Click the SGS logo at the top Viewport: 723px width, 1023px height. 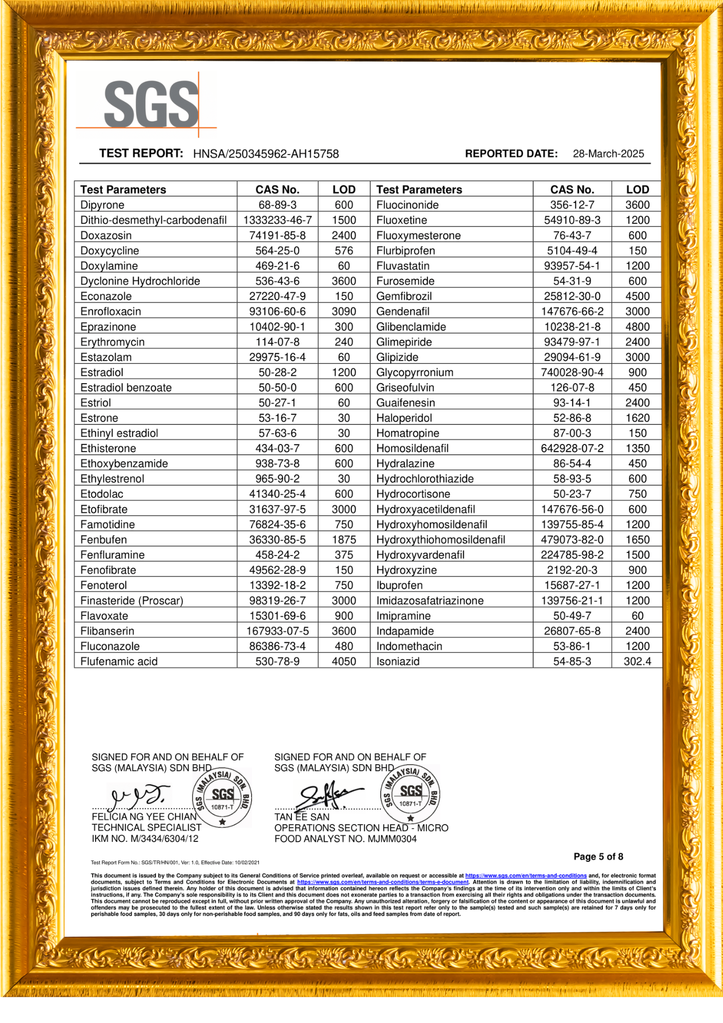(151, 105)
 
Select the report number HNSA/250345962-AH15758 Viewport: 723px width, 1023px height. (266, 154)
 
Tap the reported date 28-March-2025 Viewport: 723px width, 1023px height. (608, 154)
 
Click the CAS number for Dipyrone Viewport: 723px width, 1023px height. (277, 205)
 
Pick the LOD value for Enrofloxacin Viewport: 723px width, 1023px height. (344, 312)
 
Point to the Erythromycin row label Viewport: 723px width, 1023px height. (112, 342)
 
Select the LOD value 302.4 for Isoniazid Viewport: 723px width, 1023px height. (637, 661)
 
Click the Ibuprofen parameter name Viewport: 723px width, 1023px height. (399, 585)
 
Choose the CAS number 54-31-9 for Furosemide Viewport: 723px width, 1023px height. (572, 281)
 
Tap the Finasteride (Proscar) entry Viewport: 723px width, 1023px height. (131, 601)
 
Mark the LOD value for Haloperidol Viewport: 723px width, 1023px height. (637, 418)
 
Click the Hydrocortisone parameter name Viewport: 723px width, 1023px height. (413, 494)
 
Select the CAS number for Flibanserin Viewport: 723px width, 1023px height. (277, 631)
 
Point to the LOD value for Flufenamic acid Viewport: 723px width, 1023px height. (344, 661)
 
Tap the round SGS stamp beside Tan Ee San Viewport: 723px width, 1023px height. (411, 794)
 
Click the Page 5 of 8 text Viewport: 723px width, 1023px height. (598, 857)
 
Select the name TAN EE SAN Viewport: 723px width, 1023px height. (302, 817)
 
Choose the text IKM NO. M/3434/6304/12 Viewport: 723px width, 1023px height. (145, 839)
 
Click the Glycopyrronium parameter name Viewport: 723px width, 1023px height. (415, 372)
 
